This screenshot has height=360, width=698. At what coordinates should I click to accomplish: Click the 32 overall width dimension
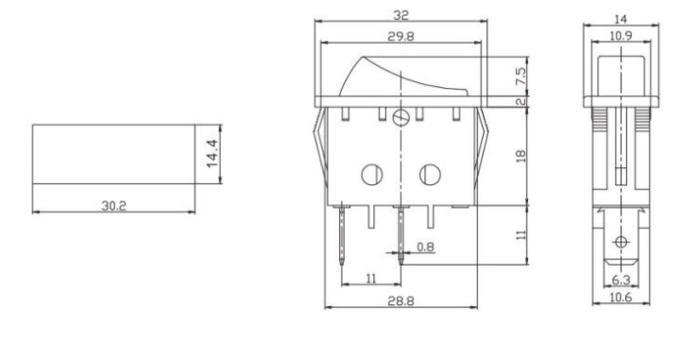coord(400,16)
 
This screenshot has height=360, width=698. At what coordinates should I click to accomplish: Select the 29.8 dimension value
coord(400,37)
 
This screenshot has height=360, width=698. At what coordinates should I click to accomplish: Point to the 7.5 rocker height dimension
coord(520,77)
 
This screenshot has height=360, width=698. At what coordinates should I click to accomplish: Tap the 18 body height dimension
coord(520,156)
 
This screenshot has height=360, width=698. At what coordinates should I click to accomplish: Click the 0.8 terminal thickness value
coord(426,247)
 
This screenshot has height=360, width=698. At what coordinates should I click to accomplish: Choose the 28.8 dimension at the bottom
coord(400,301)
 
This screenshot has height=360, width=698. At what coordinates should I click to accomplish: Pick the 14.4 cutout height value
coord(213,154)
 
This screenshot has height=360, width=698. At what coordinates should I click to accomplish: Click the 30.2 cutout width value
coord(114,206)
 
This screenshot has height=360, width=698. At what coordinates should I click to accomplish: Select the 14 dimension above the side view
coord(621,19)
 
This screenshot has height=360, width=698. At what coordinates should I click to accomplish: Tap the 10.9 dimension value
coord(621,36)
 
